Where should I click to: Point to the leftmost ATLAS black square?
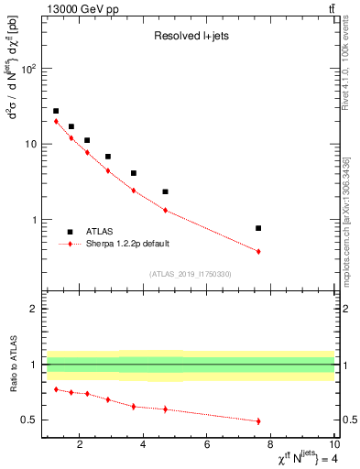(x=56, y=111)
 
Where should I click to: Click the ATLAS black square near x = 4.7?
(x=165, y=191)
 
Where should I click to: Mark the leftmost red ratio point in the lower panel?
(x=56, y=389)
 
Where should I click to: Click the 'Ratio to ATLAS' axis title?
(x=12, y=364)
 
